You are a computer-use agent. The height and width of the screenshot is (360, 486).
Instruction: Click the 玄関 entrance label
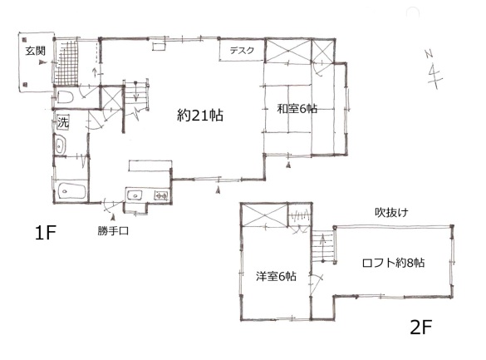[36, 51]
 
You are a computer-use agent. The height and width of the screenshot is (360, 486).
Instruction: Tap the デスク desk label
[242, 50]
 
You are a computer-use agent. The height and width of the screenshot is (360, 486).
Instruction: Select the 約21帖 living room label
[200, 116]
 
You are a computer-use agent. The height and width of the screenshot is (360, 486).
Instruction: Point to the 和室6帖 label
[297, 109]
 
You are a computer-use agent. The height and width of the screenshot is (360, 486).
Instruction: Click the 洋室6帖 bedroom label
[276, 276]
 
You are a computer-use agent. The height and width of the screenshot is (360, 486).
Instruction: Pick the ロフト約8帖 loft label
[393, 263]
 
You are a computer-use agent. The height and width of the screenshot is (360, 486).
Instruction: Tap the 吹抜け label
[391, 212]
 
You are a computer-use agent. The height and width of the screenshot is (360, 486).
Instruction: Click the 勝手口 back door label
[113, 231]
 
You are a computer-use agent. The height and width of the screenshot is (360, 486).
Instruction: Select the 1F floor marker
[45, 233]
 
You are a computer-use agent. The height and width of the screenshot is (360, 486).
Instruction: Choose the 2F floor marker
[421, 327]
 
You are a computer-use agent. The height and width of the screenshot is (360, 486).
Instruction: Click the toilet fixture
[65, 96]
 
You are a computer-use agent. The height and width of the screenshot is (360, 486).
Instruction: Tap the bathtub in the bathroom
[72, 191]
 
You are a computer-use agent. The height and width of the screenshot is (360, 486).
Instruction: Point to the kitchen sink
[135, 195]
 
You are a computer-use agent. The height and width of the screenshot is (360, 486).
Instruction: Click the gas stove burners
[161, 195]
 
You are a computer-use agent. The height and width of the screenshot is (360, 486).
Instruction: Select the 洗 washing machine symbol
[63, 122]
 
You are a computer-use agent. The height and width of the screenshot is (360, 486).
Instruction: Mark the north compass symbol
[434, 70]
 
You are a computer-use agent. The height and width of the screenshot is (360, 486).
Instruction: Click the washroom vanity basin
[60, 145]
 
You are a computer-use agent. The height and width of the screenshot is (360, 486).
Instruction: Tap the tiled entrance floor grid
[66, 63]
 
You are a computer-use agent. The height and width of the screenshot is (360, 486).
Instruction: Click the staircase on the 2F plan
[322, 246]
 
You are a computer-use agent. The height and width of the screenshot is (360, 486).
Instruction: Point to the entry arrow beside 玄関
[42, 62]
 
